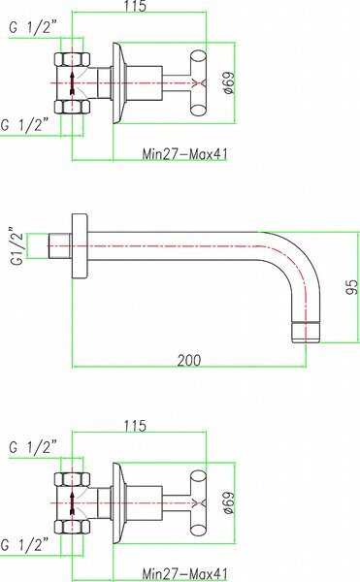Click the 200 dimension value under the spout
coord(189,360)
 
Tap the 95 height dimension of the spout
coord(352,287)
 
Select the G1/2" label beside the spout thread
coord(17,245)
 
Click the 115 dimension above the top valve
coord(135,6)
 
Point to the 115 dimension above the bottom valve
coord(135,426)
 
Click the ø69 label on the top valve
coord(229,82)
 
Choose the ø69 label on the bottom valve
coord(229,502)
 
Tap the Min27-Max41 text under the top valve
coord(184,153)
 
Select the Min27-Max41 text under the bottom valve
coord(184,574)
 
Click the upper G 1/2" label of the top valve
coord(33,28)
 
